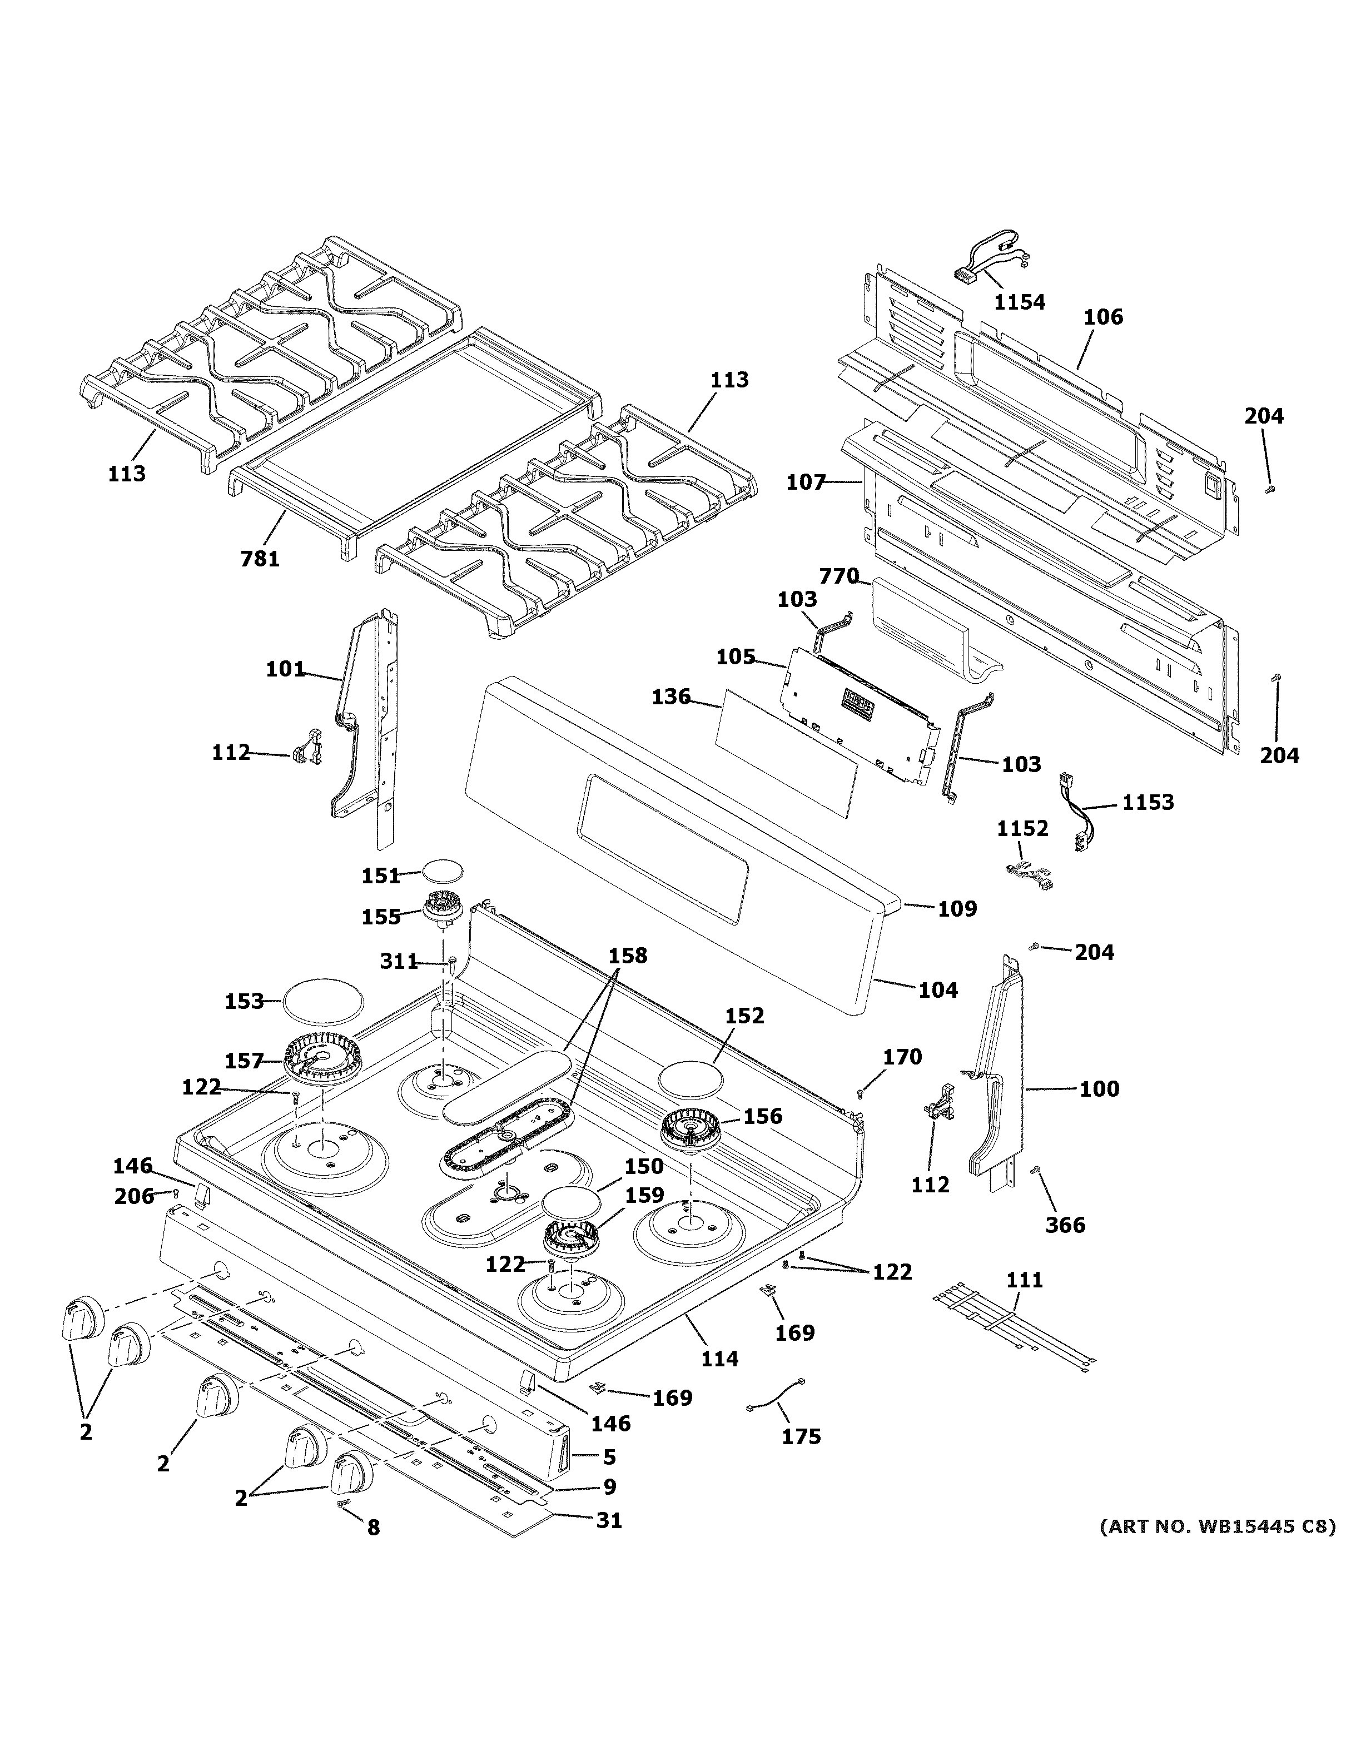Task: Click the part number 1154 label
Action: click(1019, 302)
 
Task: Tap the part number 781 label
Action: click(260, 558)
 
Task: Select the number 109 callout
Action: click(957, 909)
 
